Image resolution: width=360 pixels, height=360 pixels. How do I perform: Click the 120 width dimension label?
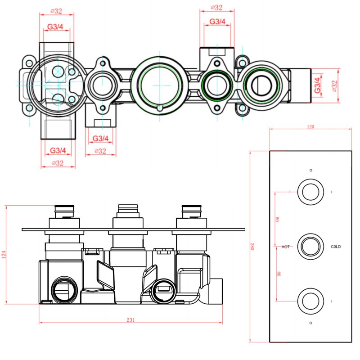click(x=310, y=127)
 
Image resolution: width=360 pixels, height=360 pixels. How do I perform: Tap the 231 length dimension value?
click(x=130, y=320)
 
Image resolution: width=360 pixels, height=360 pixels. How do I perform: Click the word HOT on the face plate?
click(x=286, y=247)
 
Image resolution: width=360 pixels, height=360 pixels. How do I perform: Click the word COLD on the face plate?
click(x=336, y=247)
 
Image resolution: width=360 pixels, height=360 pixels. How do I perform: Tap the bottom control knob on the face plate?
click(x=310, y=301)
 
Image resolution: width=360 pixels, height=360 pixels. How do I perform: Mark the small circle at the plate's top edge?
click(x=310, y=170)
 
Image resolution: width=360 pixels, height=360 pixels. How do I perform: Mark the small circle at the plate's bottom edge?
click(x=310, y=323)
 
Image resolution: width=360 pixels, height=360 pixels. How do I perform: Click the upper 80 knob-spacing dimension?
click(x=278, y=219)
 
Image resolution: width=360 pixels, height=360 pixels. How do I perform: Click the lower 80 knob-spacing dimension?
click(x=278, y=274)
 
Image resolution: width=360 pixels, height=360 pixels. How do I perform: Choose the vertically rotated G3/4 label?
click(x=318, y=85)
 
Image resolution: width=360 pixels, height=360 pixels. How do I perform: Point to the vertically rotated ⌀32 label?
click(x=334, y=85)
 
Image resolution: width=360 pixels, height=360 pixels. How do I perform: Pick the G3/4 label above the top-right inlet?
click(x=217, y=21)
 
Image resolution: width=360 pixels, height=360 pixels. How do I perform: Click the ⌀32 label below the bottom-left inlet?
click(x=57, y=163)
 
